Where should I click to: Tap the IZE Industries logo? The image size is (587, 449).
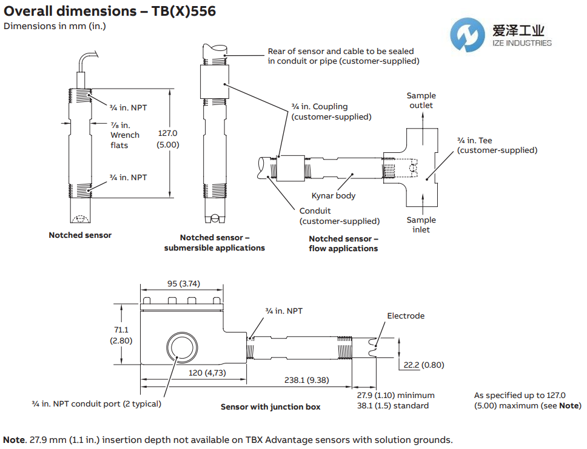tap(504, 35)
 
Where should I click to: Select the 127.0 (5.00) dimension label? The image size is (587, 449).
tap(168, 139)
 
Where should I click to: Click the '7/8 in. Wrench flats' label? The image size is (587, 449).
tap(124, 135)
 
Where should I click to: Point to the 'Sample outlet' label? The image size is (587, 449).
tap(421, 100)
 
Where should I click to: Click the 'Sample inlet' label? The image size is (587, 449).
tap(421, 224)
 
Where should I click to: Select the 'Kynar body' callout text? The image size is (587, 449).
tap(333, 196)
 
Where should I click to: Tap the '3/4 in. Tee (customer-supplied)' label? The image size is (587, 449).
tap(497, 145)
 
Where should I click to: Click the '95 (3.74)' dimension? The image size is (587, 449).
tap(181, 284)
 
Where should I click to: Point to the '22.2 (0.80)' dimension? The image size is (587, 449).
tap(424, 365)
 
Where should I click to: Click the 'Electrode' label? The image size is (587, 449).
tap(406, 316)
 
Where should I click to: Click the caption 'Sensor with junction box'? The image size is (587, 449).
tap(270, 407)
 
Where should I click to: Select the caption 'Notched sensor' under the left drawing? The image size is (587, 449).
tap(80, 235)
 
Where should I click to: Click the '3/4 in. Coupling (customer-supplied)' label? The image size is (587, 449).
tap(331, 112)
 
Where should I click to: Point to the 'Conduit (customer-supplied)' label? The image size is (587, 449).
tap(339, 216)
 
